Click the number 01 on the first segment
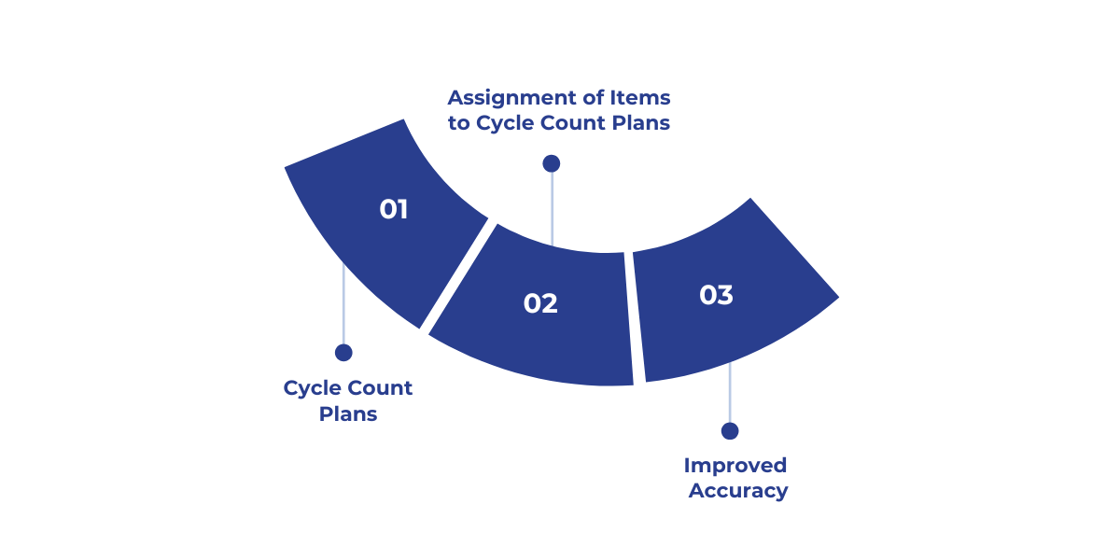(x=394, y=209)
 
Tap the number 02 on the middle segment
(x=540, y=303)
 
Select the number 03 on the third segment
(x=716, y=295)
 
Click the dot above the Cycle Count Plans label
(x=343, y=353)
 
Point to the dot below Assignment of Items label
(x=552, y=163)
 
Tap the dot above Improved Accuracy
(x=730, y=431)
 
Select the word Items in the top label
(x=641, y=97)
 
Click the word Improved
(x=735, y=465)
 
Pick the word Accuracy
(x=738, y=490)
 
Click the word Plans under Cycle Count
(x=348, y=413)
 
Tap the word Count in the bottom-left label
(x=380, y=387)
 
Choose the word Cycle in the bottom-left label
(x=312, y=387)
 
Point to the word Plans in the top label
(x=639, y=122)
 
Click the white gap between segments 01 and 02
(x=458, y=276)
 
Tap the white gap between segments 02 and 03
(x=630, y=317)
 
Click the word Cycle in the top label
(x=505, y=122)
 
